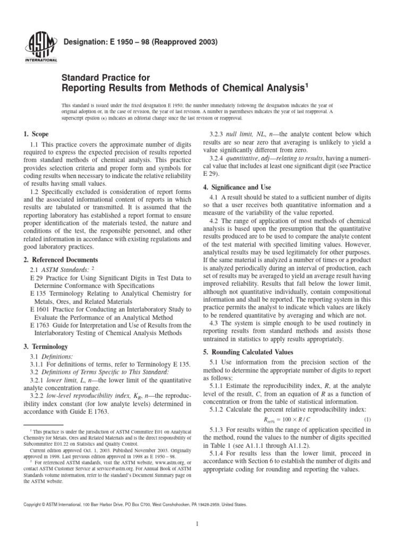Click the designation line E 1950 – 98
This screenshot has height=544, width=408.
135,40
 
